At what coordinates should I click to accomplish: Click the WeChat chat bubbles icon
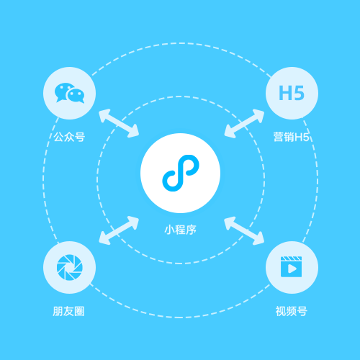(x=69, y=93)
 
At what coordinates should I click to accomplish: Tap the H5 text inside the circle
(x=292, y=93)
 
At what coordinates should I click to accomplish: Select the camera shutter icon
(x=70, y=267)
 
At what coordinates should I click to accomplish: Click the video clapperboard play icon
(x=292, y=266)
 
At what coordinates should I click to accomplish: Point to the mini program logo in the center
(x=181, y=173)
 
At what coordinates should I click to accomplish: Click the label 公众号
(x=69, y=137)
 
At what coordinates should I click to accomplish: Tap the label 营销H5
(x=291, y=137)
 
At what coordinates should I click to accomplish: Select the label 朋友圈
(x=68, y=311)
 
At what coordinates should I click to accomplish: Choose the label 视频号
(x=292, y=311)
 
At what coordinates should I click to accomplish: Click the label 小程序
(x=181, y=230)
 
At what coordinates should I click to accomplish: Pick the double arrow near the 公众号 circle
(x=119, y=123)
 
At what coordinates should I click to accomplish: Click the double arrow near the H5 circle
(x=244, y=123)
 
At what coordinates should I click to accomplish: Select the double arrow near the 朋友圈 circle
(x=119, y=230)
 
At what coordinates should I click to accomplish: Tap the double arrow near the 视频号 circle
(x=244, y=230)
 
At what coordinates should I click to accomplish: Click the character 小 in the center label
(x=169, y=230)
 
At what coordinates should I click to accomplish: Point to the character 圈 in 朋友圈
(x=79, y=311)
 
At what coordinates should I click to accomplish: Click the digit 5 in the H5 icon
(x=299, y=93)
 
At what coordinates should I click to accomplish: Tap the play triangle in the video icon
(x=292, y=269)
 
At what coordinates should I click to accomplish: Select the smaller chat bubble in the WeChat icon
(x=76, y=96)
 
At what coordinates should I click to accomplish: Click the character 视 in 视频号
(x=281, y=311)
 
